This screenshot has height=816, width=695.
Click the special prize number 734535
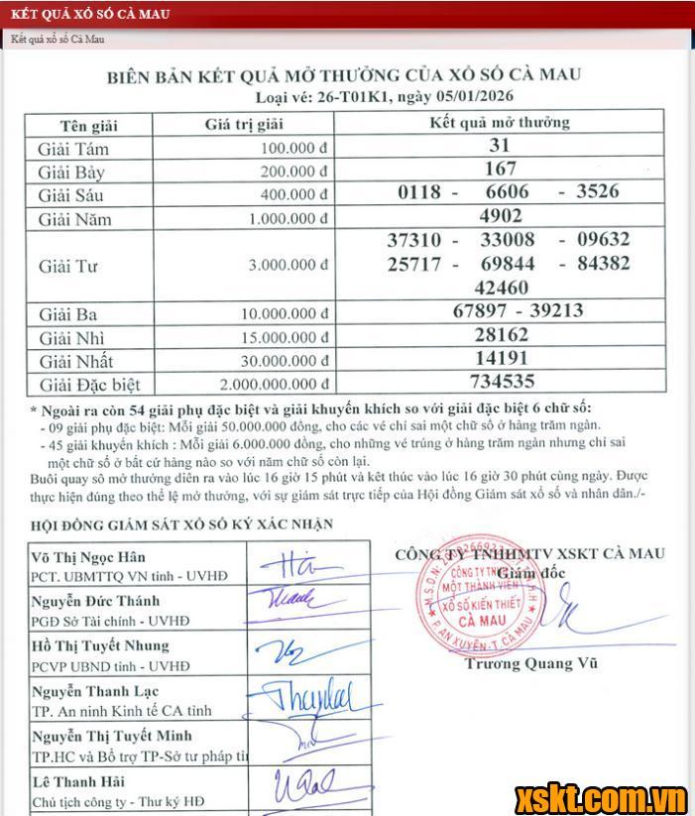[x=500, y=382]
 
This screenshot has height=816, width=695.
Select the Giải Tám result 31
[x=500, y=146]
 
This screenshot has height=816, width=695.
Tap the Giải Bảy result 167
[x=500, y=170]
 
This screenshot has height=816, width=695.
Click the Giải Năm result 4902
[x=500, y=216]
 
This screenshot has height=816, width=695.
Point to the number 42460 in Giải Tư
[x=502, y=288]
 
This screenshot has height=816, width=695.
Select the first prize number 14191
[x=501, y=358]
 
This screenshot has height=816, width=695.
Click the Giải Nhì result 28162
[x=501, y=335]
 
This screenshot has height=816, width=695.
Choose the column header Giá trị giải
[x=244, y=124]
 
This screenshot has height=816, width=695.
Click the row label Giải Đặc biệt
[x=89, y=385]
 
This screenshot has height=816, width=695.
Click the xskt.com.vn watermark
[x=600, y=796]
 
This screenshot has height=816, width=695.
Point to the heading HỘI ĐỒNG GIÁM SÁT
[x=181, y=525]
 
